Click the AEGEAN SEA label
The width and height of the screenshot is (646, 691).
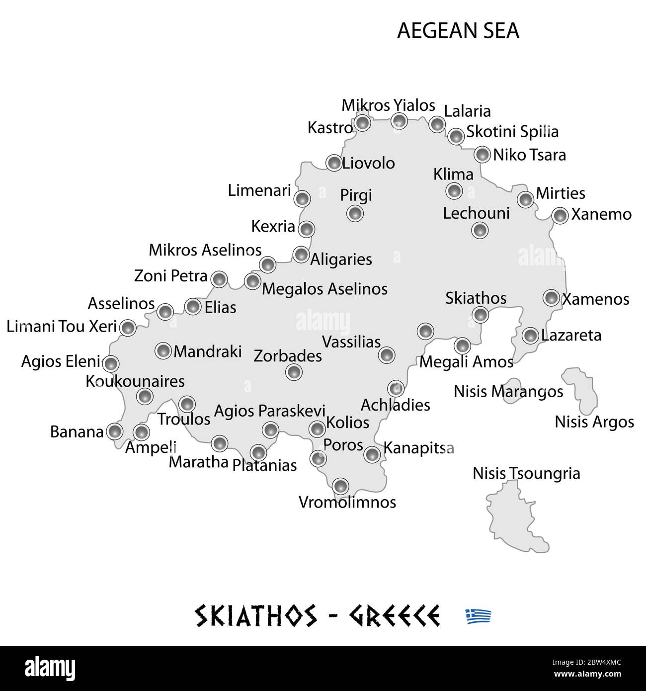(x=458, y=31)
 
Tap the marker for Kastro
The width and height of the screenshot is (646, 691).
(x=363, y=123)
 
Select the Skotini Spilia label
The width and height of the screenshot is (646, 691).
(x=512, y=132)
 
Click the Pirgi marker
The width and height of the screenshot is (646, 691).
(x=355, y=214)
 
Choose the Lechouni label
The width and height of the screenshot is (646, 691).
(x=476, y=213)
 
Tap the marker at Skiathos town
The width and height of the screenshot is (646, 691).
(x=480, y=314)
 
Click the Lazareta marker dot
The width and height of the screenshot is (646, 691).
(x=531, y=336)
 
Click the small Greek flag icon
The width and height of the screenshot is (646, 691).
(x=479, y=616)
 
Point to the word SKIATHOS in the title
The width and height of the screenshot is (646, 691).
(x=255, y=616)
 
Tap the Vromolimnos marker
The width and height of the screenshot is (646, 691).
(x=340, y=486)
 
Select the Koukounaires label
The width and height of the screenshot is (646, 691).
(x=135, y=381)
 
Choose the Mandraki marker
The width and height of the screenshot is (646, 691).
(x=163, y=350)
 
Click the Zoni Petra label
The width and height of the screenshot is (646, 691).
(x=171, y=275)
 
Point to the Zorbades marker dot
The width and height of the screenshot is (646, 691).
(x=294, y=371)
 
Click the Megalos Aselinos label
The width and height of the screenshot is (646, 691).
(x=324, y=289)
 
